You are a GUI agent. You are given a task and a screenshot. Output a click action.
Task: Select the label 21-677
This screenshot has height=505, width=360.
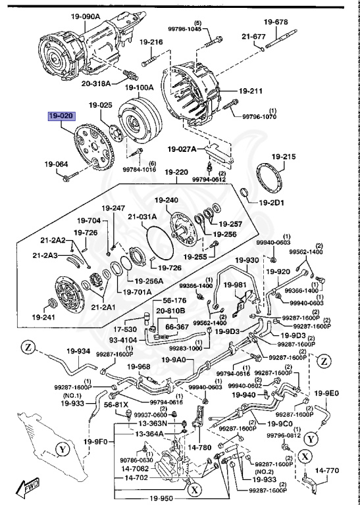coord(253,37)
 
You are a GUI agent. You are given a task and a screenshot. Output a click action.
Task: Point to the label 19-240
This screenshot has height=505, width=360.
coord(167,201)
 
